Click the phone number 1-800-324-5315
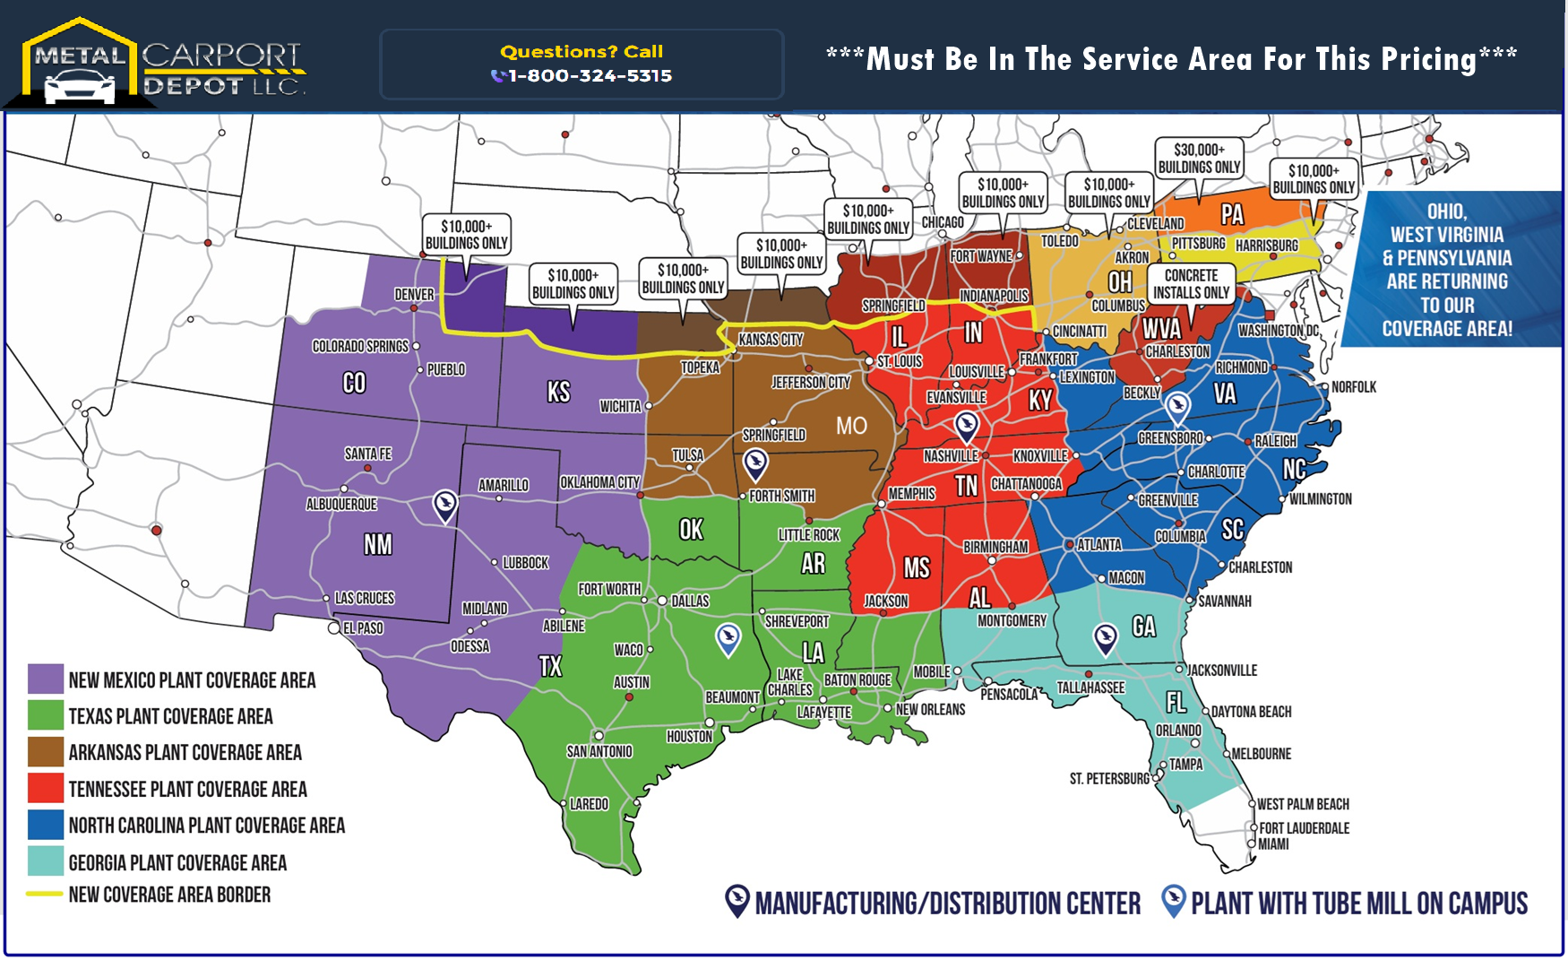[x=590, y=76]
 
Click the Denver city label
[x=413, y=294]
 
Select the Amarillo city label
[x=503, y=485]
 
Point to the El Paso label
[x=363, y=628]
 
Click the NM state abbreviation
[x=377, y=544]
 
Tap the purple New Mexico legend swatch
[x=45, y=679]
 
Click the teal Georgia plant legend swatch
[x=45, y=861]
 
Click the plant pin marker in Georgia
[x=1106, y=638]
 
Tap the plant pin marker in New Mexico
[x=444, y=505]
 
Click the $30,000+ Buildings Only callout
[x=1199, y=159]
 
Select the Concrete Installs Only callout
[x=1191, y=283]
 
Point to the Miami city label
[x=1273, y=843]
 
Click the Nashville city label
[x=950, y=456]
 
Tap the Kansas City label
[x=770, y=340]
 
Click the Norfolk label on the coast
[x=1353, y=387]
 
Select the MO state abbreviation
[x=851, y=425]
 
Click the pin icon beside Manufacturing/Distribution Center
[x=737, y=901]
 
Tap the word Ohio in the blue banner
[x=1446, y=212]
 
